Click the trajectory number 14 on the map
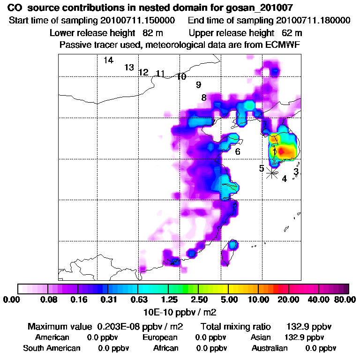[108, 60]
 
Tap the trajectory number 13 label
[129, 67]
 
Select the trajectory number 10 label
[181, 76]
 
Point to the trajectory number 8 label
[204, 97]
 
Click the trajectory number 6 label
[238, 152]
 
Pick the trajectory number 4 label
[284, 179]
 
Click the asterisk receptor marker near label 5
[272, 172]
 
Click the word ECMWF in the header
[283, 45]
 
